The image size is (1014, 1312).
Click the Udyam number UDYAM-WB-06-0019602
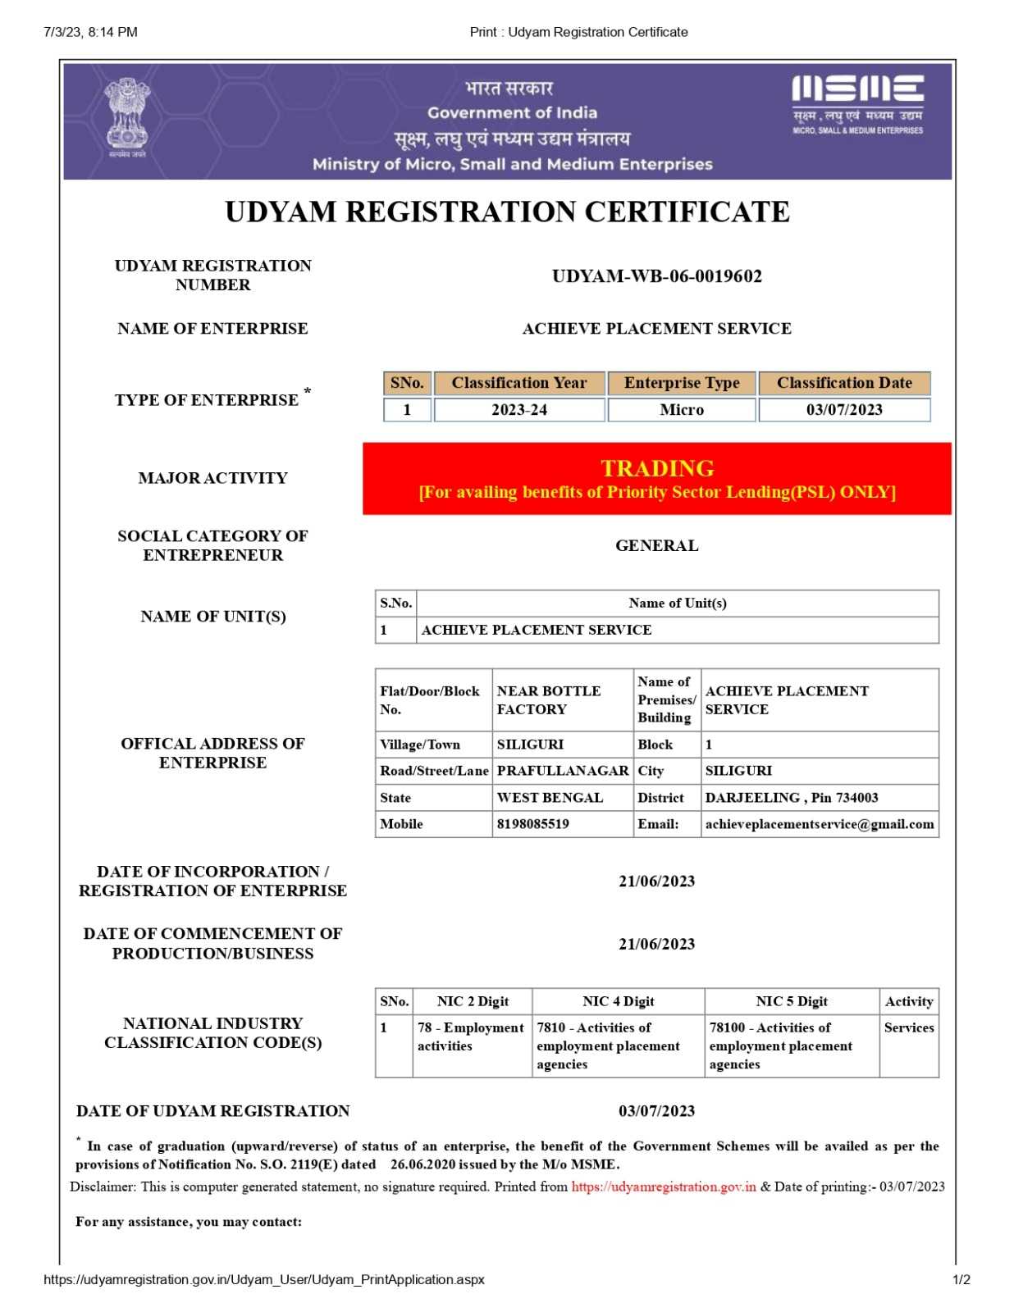coord(656,276)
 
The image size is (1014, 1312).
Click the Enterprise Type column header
coord(681,383)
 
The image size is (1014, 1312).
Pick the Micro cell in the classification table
coord(681,410)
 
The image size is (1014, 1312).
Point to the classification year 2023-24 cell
coord(518,410)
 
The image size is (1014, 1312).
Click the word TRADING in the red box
coord(656,468)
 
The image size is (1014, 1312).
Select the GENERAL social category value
coord(656,546)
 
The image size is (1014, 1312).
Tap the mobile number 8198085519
coord(532,824)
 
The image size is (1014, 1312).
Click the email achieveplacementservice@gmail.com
coord(819,824)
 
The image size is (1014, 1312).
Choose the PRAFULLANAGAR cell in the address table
coord(562,771)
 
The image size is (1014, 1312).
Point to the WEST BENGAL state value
coord(550,798)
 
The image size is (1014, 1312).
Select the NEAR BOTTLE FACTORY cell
coord(548,700)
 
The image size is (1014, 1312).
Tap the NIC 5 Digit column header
coord(791,1001)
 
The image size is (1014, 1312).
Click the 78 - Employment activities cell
coord(470,1036)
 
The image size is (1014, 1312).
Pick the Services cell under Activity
coord(908,1027)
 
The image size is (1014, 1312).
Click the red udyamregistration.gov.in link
coord(663,1187)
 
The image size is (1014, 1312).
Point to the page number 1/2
coord(961,1279)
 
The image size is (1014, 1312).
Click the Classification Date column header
coord(843,383)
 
